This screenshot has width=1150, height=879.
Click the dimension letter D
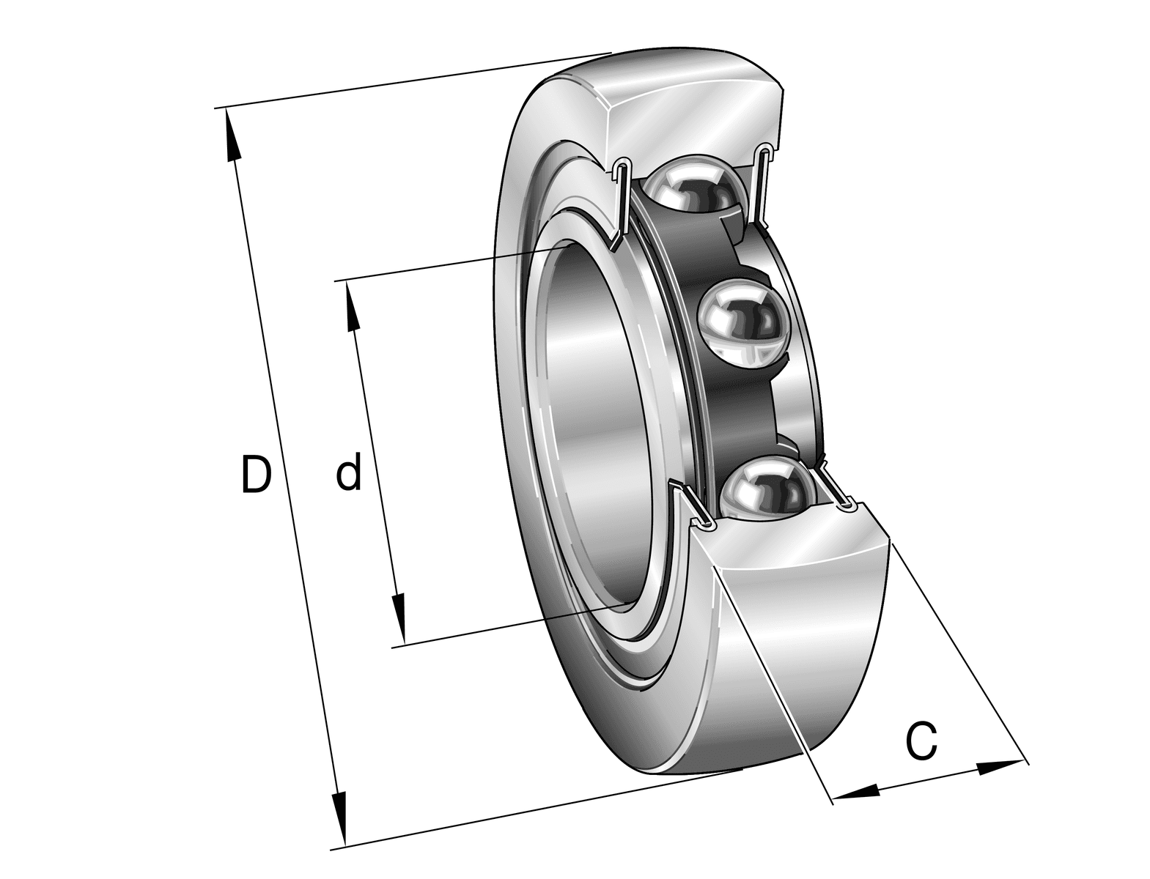256,474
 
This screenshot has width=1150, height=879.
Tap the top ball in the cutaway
691,188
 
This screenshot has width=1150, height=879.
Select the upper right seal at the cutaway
762,183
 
